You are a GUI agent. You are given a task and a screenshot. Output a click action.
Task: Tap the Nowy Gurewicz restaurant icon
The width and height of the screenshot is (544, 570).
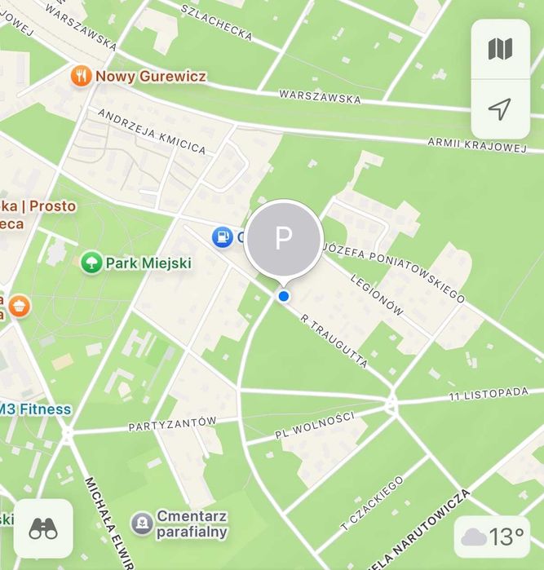(x=80, y=76)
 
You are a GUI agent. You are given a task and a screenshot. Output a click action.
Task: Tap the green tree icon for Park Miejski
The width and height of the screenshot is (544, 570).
(x=91, y=263)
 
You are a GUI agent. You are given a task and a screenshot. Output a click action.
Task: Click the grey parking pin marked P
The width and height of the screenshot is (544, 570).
(x=283, y=238)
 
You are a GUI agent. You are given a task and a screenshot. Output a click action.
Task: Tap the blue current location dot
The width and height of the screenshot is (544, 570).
(x=284, y=297)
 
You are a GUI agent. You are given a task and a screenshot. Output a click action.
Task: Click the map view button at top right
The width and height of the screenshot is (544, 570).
(x=500, y=49)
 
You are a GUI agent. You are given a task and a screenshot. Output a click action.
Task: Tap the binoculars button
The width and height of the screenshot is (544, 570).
(x=43, y=528)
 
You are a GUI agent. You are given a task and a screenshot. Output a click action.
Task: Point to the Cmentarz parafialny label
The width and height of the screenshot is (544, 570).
(x=192, y=524)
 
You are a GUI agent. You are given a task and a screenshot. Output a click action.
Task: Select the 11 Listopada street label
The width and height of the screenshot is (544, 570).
(x=489, y=395)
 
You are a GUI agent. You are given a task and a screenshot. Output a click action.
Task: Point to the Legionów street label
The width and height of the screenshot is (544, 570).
(x=376, y=294)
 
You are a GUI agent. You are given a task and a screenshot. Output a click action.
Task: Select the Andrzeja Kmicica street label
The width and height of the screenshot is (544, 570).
(x=152, y=130)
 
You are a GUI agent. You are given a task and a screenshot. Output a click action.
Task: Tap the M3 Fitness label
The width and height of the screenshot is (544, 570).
(x=34, y=409)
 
